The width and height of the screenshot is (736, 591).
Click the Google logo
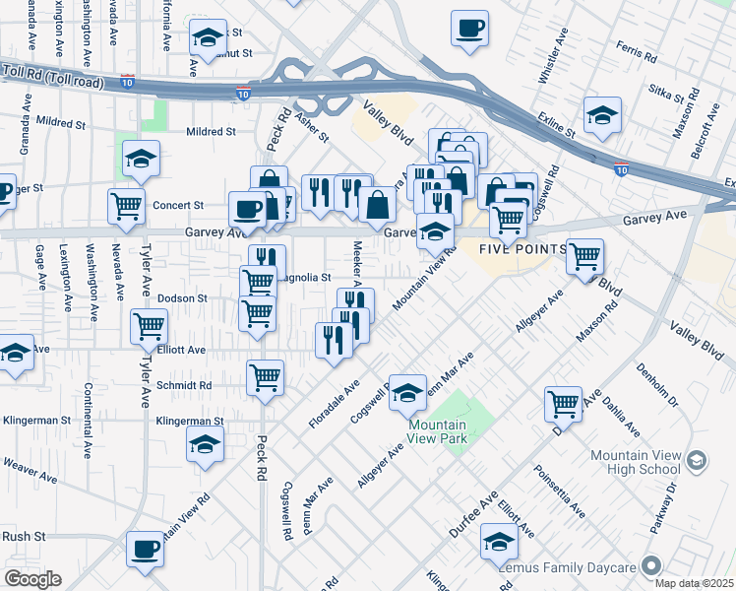(32, 579)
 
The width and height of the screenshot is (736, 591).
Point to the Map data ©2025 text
(694, 583)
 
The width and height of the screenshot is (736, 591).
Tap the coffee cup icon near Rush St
(145, 550)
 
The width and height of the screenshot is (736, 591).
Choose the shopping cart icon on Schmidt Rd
(266, 376)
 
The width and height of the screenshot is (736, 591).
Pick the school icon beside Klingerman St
(205, 445)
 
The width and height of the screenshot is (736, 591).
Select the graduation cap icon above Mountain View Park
(407, 392)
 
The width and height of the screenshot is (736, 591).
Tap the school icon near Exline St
(602, 114)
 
